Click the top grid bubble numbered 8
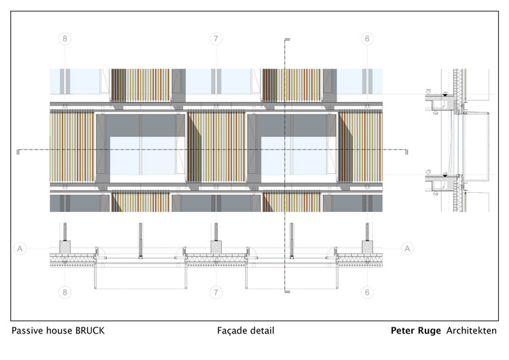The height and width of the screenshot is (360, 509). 65,39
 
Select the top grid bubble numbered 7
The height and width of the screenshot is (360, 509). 216,39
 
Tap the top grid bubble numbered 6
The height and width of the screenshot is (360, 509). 367,39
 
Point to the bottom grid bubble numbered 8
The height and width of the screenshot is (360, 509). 65,293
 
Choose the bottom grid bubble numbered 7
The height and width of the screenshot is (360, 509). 216,293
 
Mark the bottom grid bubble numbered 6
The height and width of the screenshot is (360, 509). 367,293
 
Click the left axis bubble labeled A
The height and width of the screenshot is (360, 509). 20,249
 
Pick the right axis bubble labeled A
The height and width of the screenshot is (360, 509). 407,249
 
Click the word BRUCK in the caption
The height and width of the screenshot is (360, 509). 90,331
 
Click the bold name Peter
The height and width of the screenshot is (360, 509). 402,331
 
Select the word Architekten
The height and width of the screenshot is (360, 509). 472,331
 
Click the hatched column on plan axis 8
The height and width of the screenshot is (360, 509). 65,247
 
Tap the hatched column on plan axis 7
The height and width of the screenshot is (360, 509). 216,247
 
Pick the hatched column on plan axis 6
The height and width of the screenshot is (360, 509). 367,247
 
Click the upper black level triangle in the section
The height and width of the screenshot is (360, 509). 445,95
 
